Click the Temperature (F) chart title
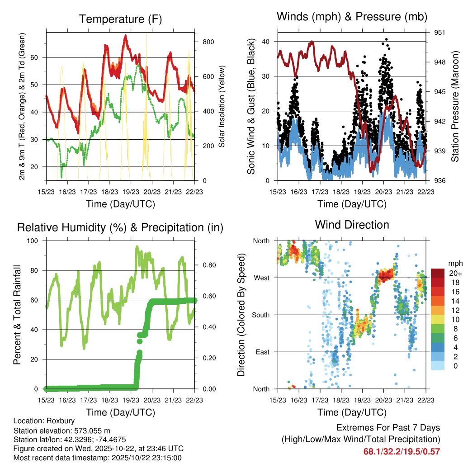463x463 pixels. pyautogui.click(x=120, y=19)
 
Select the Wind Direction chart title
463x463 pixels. pyautogui.click(x=352, y=225)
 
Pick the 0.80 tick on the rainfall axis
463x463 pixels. pyautogui.click(x=206, y=265)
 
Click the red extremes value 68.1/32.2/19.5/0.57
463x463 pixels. pyautogui.click(x=402, y=451)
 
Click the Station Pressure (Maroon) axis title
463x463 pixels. pyautogui.click(x=455, y=106)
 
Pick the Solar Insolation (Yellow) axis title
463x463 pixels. pyautogui.click(x=222, y=106)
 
